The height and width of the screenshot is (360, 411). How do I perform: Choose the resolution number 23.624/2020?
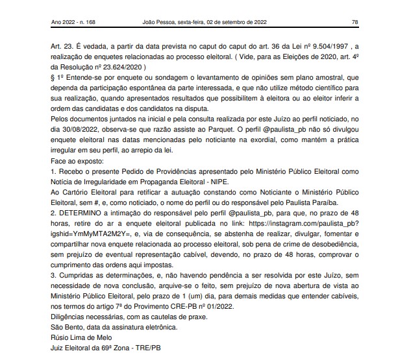120,67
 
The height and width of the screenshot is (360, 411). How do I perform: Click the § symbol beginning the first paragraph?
53,78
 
